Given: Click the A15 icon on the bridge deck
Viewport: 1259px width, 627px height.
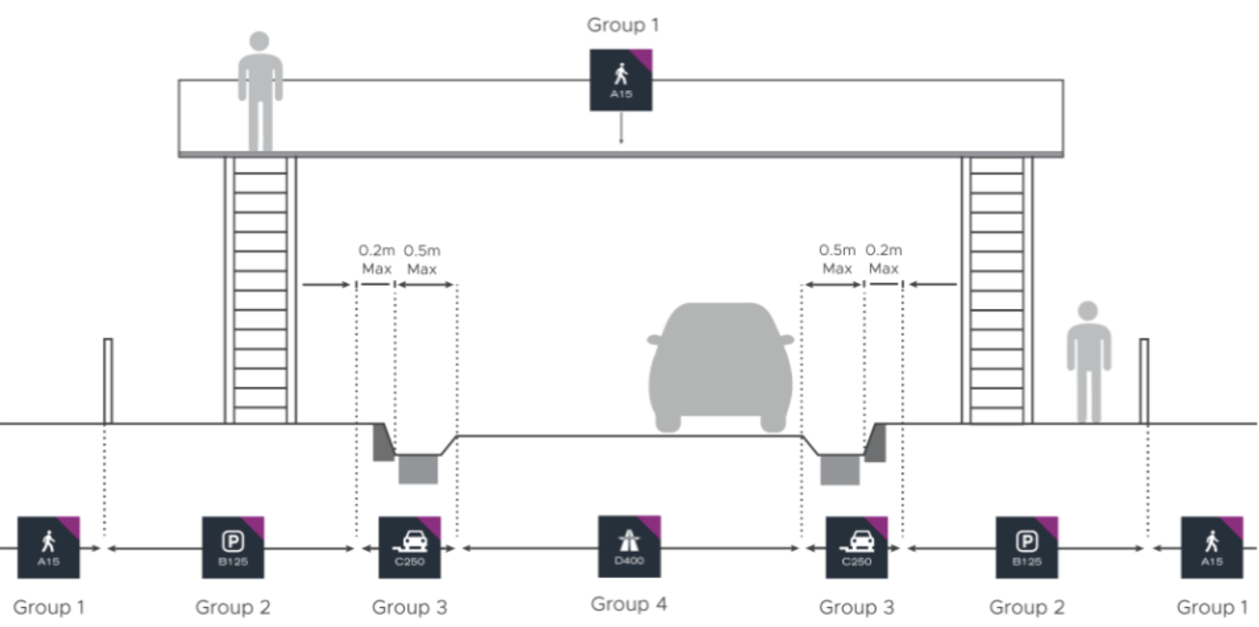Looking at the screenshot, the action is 621,80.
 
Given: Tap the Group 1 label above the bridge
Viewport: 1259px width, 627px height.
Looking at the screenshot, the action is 623,25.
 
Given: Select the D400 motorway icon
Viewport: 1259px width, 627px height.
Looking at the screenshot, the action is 629,547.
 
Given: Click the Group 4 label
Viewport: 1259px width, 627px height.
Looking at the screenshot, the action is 629,604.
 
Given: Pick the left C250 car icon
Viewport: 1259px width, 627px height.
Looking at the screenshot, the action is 410,547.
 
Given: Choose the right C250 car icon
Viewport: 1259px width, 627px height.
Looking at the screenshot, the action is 857,547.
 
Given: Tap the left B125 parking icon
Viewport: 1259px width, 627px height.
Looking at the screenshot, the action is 233,547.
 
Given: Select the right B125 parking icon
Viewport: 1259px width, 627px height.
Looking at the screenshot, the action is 1027,547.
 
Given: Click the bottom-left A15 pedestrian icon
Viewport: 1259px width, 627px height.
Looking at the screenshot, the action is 49,547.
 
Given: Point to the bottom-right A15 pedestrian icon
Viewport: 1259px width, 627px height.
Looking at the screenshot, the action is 1212,547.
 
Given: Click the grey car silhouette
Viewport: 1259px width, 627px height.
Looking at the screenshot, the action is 721,367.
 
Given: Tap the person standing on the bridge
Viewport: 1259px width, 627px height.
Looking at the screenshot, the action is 260,92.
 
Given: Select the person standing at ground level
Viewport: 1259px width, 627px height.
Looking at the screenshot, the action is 1088,362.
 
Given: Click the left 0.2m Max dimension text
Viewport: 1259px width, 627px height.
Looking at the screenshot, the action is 376,260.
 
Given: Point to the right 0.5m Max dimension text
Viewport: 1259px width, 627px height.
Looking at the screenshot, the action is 837,259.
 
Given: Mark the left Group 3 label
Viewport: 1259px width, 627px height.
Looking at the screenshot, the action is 409,608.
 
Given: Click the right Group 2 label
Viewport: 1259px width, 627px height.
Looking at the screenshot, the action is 1027,608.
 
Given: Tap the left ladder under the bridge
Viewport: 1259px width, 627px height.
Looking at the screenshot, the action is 261,290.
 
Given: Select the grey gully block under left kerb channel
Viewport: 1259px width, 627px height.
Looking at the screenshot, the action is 418,469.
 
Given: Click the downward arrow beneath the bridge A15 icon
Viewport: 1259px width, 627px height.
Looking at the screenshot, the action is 621,128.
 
